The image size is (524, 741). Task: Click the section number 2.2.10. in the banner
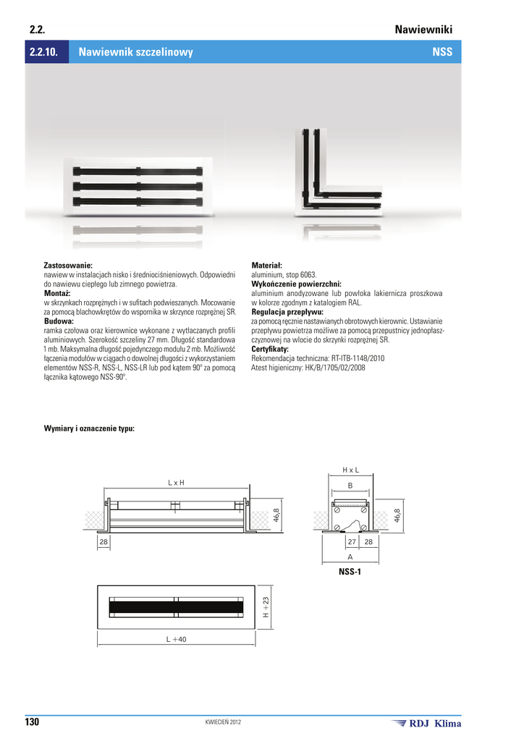click(x=46, y=53)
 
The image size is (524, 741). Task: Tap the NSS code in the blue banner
click(x=442, y=53)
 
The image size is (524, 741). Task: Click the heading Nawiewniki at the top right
click(x=423, y=30)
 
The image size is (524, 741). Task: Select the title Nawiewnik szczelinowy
click(x=135, y=53)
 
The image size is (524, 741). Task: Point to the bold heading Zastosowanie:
click(x=68, y=266)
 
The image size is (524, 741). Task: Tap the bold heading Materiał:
click(x=266, y=266)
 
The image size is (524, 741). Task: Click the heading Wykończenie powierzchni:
click(x=296, y=284)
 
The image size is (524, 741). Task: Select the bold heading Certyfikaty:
click(x=270, y=349)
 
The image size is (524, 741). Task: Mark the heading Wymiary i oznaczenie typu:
click(x=89, y=428)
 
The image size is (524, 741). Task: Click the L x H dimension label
click(x=177, y=482)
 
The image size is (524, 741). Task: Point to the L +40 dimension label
click(x=176, y=639)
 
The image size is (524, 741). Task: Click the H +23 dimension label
click(x=266, y=606)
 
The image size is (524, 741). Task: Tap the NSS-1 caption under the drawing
click(x=350, y=572)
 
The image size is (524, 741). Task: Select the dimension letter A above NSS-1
click(x=350, y=557)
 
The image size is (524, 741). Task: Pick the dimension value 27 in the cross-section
click(x=352, y=541)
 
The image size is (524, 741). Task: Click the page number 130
click(x=33, y=722)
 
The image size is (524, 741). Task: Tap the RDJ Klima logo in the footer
click(x=426, y=723)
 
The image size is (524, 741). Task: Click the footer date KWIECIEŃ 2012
click(x=224, y=723)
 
